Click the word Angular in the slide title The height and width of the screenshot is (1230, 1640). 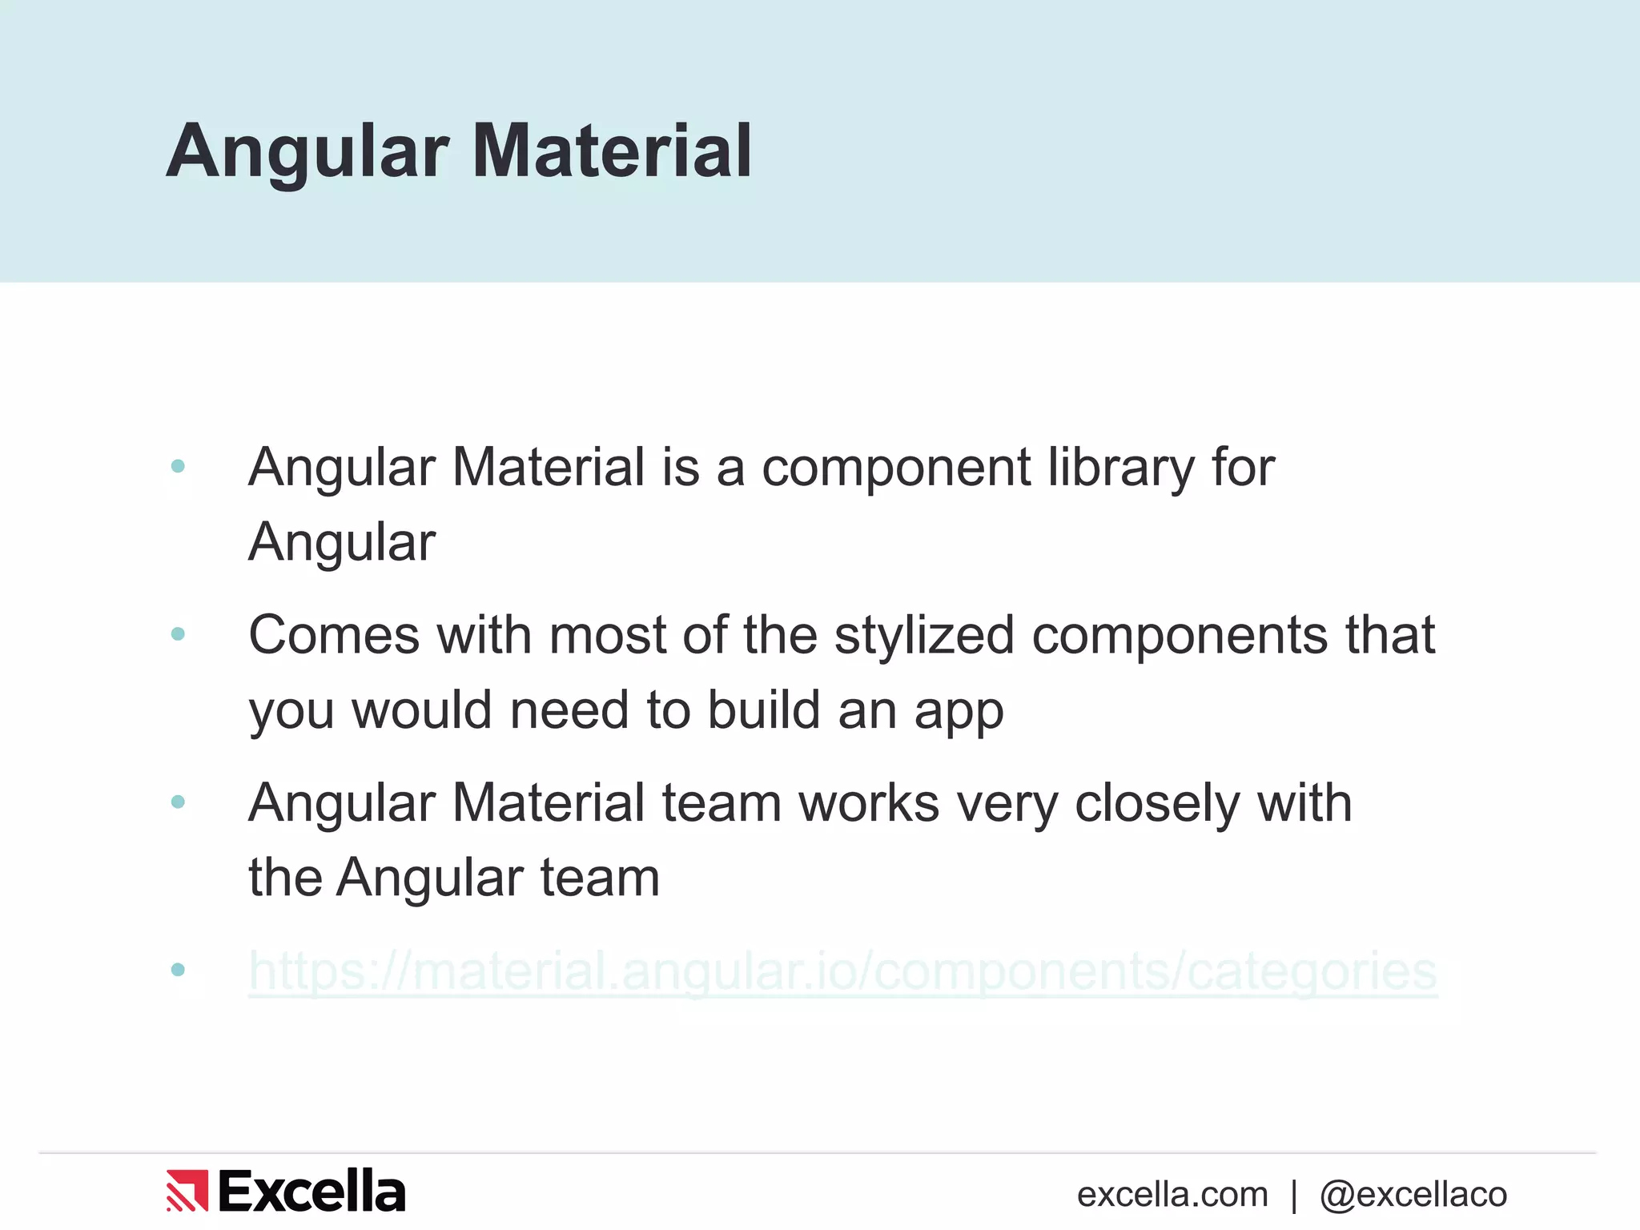pyautogui.click(x=307, y=152)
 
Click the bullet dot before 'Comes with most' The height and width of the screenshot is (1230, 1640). pyautogui.click(x=178, y=634)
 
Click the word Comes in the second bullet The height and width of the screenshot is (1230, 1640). pyautogui.click(x=334, y=635)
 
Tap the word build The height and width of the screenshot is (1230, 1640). pyautogui.click(x=764, y=710)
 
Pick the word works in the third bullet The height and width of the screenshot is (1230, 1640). pyautogui.click(x=869, y=803)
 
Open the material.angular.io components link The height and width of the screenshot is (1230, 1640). pyautogui.click(x=842, y=971)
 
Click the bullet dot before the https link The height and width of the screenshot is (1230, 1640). pyautogui.click(x=178, y=970)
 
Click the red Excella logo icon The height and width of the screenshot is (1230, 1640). pyautogui.click(x=187, y=1191)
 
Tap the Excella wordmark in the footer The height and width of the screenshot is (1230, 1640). pyautogui.click(x=312, y=1192)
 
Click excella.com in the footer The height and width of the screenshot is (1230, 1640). pyautogui.click(x=1172, y=1195)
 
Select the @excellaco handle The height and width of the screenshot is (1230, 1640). pyautogui.click(x=1413, y=1195)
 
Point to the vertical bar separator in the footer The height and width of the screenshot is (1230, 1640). pyautogui.click(x=1294, y=1196)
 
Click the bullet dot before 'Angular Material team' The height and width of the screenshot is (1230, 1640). pyautogui.click(x=178, y=802)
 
